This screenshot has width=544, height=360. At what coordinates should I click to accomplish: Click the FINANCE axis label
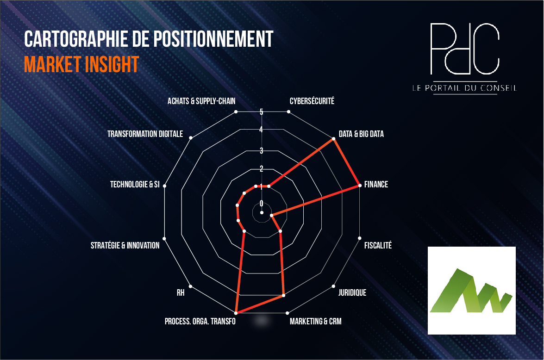click(x=376, y=185)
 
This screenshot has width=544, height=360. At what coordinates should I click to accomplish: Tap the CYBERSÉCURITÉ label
click(x=312, y=101)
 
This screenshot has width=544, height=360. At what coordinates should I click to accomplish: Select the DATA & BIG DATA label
click(x=361, y=134)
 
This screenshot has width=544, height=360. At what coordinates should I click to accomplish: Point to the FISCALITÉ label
click(x=378, y=246)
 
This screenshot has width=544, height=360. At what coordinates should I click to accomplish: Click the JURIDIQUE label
click(x=352, y=293)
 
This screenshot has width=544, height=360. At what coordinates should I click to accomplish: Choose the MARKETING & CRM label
click(x=315, y=322)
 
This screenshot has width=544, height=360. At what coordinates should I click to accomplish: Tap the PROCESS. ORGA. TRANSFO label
click(x=200, y=322)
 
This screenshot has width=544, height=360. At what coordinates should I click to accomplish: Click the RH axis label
click(x=181, y=293)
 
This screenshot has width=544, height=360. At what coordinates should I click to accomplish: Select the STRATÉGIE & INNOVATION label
click(x=125, y=246)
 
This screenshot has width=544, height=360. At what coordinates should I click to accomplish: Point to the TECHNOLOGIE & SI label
click(x=135, y=185)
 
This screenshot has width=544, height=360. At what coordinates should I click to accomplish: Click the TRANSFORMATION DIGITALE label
click(x=145, y=134)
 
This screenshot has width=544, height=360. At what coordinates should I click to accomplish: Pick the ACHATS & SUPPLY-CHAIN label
click(x=201, y=101)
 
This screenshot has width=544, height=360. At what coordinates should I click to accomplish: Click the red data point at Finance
click(x=359, y=186)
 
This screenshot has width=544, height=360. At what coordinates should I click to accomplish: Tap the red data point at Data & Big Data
click(x=333, y=139)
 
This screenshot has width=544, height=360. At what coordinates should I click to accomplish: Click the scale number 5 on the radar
click(x=262, y=112)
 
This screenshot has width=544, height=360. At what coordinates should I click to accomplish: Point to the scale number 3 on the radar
click(x=262, y=150)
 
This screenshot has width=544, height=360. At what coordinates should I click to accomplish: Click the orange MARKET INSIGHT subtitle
click(x=81, y=64)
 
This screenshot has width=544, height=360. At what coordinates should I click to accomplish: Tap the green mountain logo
click(x=471, y=291)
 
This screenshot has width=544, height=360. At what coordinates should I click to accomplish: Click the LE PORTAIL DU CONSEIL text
click(x=464, y=88)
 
